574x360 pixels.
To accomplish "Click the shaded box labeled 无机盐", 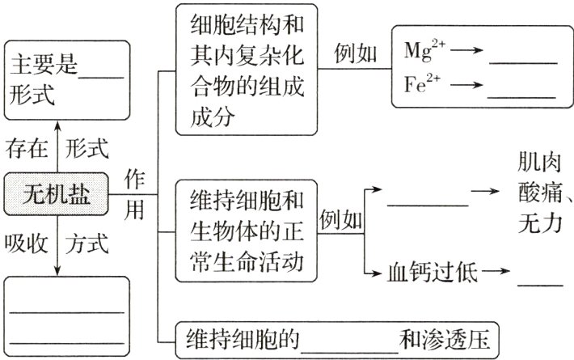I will tap(56, 194).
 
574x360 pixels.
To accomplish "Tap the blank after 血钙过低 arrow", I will tap(539, 283).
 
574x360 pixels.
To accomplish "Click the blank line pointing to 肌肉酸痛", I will tap(428, 205).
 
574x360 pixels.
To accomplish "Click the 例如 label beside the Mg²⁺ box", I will tap(356, 53).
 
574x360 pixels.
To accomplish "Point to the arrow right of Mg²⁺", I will tap(466, 50).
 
